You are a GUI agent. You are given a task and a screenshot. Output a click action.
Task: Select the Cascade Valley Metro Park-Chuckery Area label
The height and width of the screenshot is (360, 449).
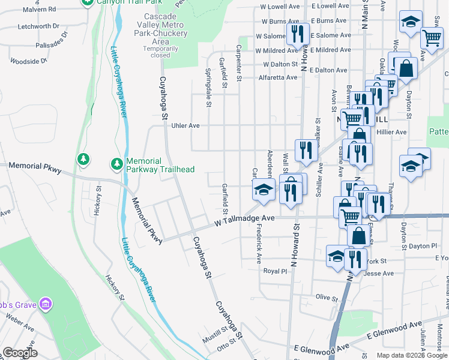[161, 33]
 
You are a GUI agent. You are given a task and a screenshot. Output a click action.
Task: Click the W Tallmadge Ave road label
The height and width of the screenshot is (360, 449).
[245, 221]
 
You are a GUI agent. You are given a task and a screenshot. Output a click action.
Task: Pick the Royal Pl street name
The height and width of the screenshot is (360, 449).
[276, 271]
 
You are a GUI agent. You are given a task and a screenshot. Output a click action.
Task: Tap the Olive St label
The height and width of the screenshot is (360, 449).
[328, 298]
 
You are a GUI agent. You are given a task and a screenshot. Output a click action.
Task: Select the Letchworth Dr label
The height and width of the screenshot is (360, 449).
[38, 26]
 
